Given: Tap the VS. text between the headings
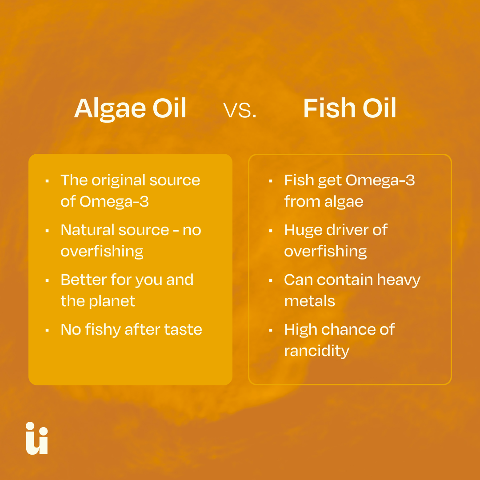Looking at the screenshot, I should (240, 110).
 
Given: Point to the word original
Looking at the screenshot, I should (118, 180).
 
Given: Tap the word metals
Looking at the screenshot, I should (309, 301).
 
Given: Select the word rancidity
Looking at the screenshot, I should (316, 351).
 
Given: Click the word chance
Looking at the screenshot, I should (346, 329).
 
